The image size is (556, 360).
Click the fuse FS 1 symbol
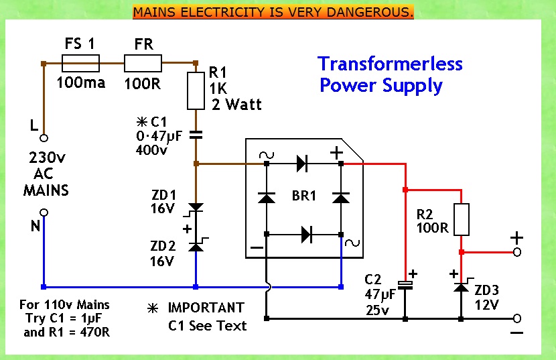tap(80, 64)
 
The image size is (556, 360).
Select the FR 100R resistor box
tap(143, 64)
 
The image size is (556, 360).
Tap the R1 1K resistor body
tap(196, 91)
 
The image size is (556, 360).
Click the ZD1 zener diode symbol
tap(196, 207)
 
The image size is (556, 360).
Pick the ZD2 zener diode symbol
tap(196, 246)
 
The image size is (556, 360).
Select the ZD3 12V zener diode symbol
tap(461, 286)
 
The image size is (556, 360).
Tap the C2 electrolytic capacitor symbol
tap(405, 285)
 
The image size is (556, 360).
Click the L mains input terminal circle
tap(44, 139)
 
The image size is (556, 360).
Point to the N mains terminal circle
tap(44, 213)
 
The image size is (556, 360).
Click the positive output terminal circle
tap(516, 252)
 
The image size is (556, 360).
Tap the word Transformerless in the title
tap(390, 64)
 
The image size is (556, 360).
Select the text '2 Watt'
tap(236, 105)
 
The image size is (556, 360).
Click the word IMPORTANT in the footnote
tap(206, 308)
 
